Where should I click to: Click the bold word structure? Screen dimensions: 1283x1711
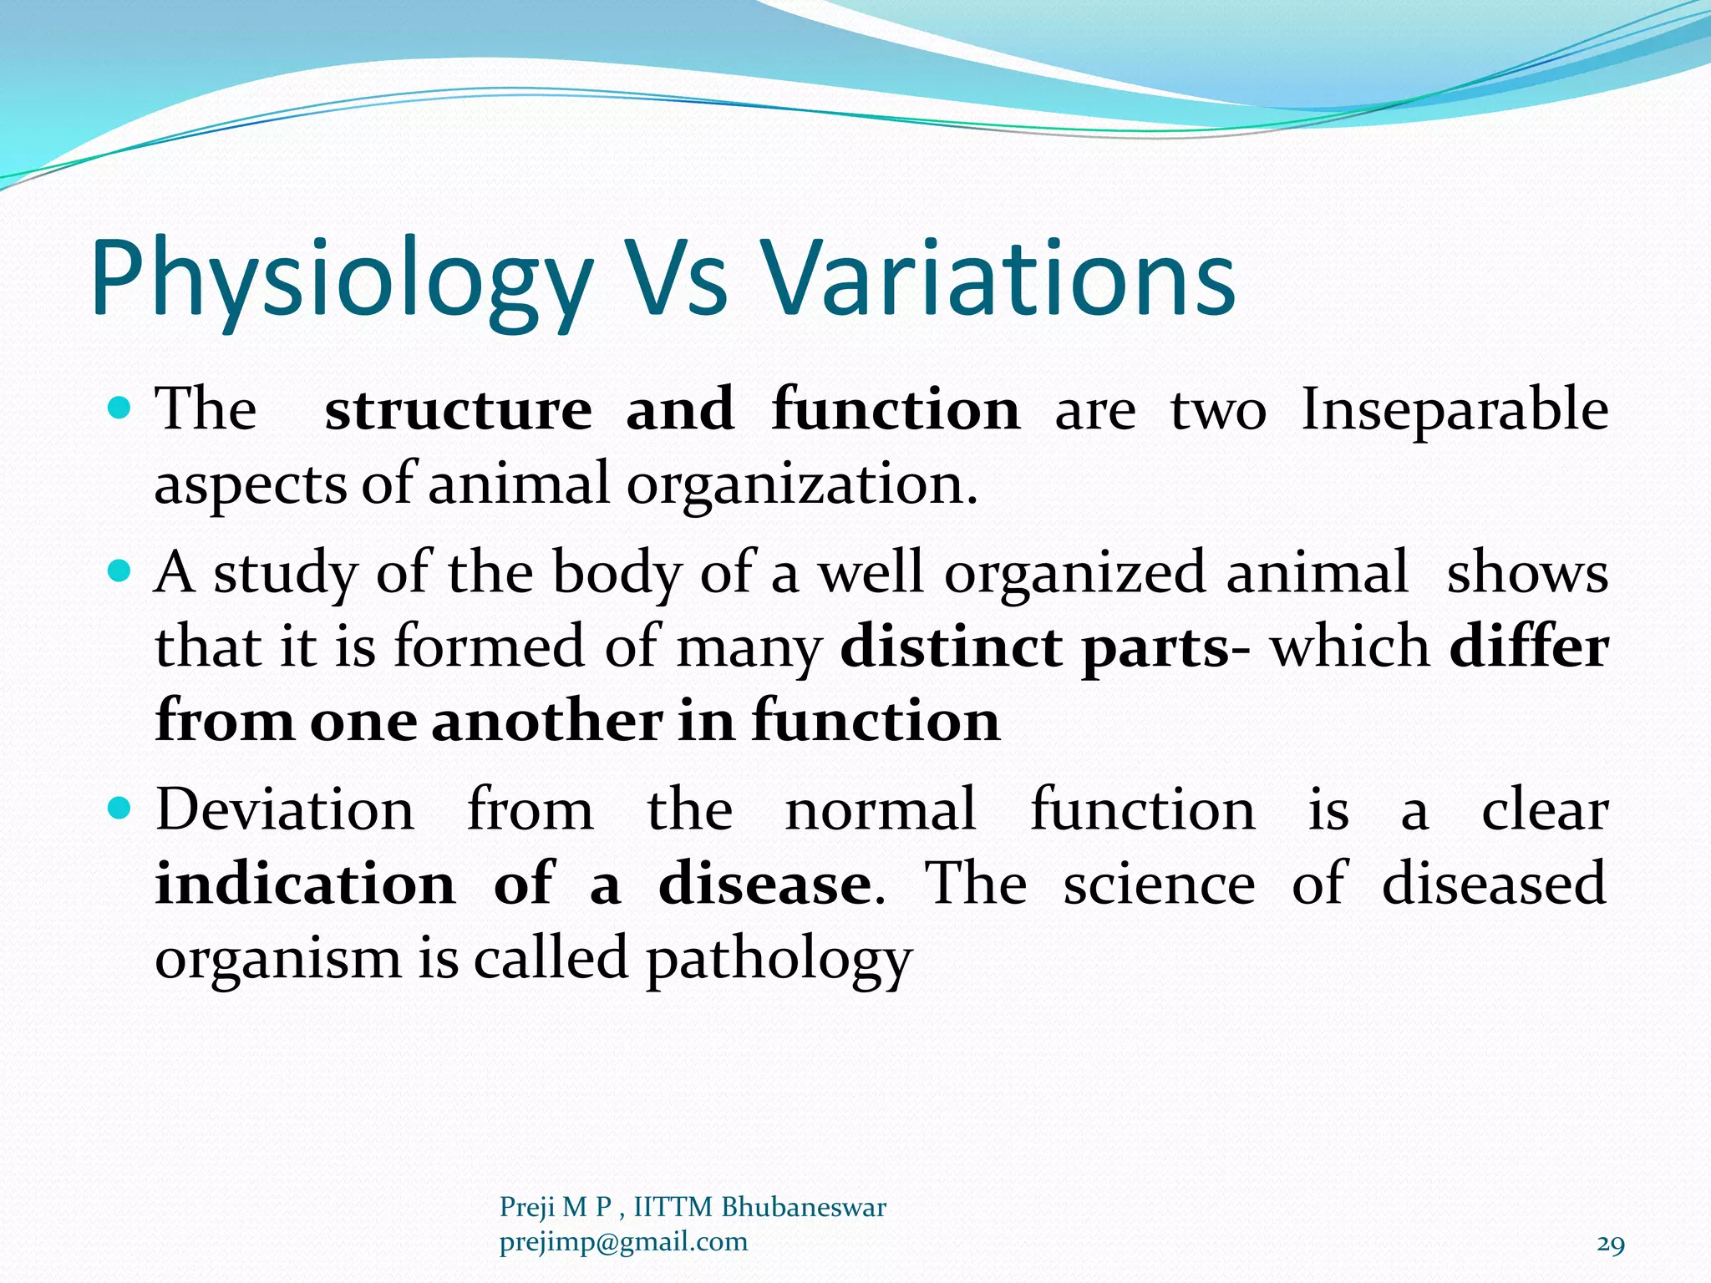click(458, 410)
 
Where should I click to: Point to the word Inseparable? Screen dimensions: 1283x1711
click(1455, 410)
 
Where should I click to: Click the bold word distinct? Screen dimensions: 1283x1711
click(952, 647)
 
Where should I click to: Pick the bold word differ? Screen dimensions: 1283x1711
click(1528, 647)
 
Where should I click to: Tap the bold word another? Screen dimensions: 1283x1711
click(546, 721)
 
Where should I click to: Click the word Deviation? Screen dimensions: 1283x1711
click(285, 809)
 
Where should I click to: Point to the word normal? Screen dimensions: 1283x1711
click(881, 809)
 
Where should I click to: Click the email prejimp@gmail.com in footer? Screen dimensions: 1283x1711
click(623, 1242)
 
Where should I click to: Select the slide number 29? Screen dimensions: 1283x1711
click(1611, 1245)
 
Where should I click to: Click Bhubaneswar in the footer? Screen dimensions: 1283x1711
click(803, 1207)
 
